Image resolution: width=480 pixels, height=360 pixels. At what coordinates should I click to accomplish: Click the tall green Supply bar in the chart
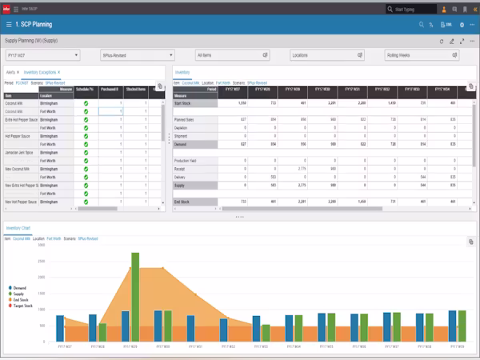coord(135,296)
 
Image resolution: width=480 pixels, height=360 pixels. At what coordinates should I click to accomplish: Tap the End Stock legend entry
coord(22,298)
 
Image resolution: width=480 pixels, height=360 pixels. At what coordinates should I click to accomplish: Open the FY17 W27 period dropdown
coord(42,56)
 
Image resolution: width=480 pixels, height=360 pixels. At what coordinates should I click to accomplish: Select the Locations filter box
coord(326,56)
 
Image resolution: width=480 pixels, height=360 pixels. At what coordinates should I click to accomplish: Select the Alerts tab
coord(11,72)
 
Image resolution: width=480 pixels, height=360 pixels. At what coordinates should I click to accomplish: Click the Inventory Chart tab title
coord(21,228)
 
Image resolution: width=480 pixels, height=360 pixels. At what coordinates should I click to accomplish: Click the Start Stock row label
coord(184,103)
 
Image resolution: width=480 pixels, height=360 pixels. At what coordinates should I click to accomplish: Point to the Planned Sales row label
coord(186,119)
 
